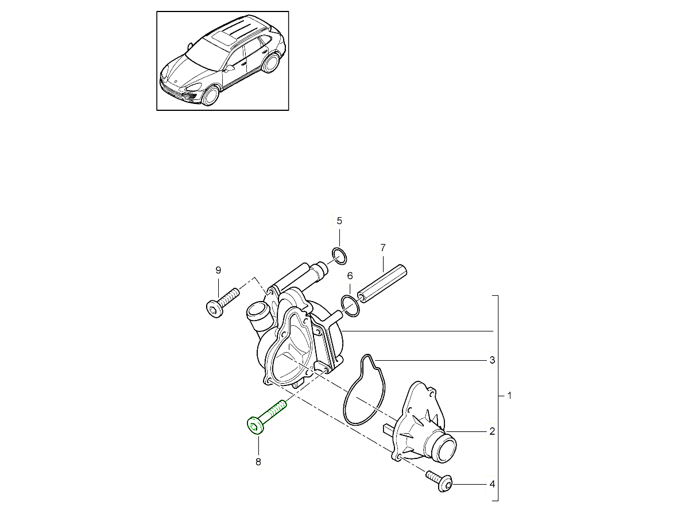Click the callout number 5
339,221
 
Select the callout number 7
382,248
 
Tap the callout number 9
218,270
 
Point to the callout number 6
350,276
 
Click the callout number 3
492,360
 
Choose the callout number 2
492,431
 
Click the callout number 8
258,462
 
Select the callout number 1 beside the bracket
509,396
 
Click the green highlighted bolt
266,418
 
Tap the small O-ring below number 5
339,256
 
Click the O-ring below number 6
350,306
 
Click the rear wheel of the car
270,63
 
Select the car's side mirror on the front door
230,68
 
